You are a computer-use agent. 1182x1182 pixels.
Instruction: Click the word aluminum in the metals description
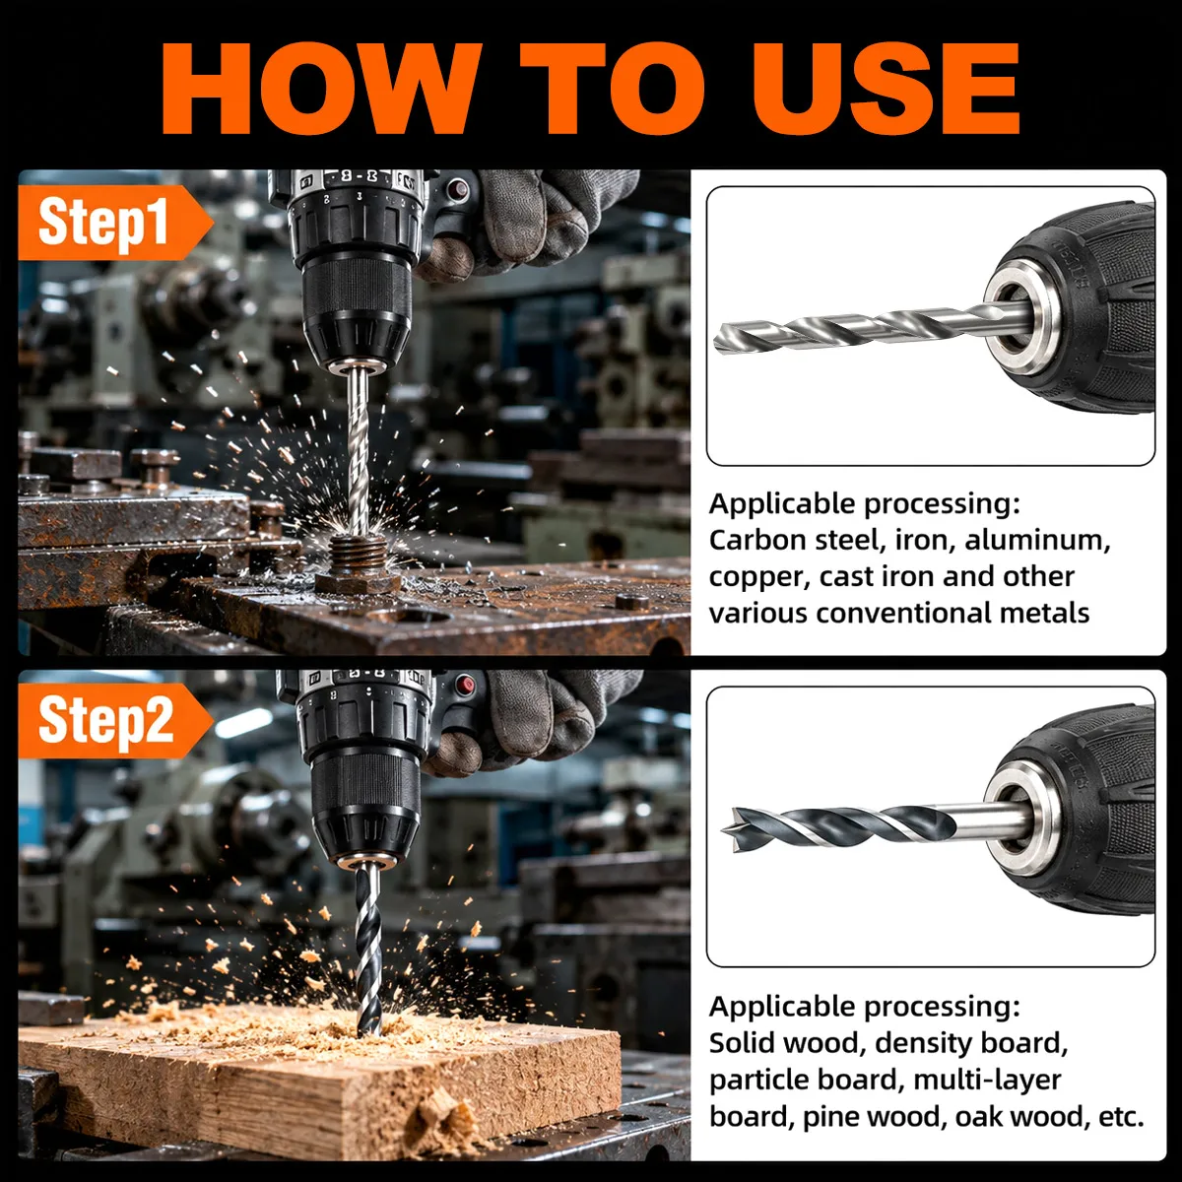pyautogui.click(x=1036, y=541)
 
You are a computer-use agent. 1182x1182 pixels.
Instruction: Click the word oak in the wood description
pyautogui.click(x=977, y=1116)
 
